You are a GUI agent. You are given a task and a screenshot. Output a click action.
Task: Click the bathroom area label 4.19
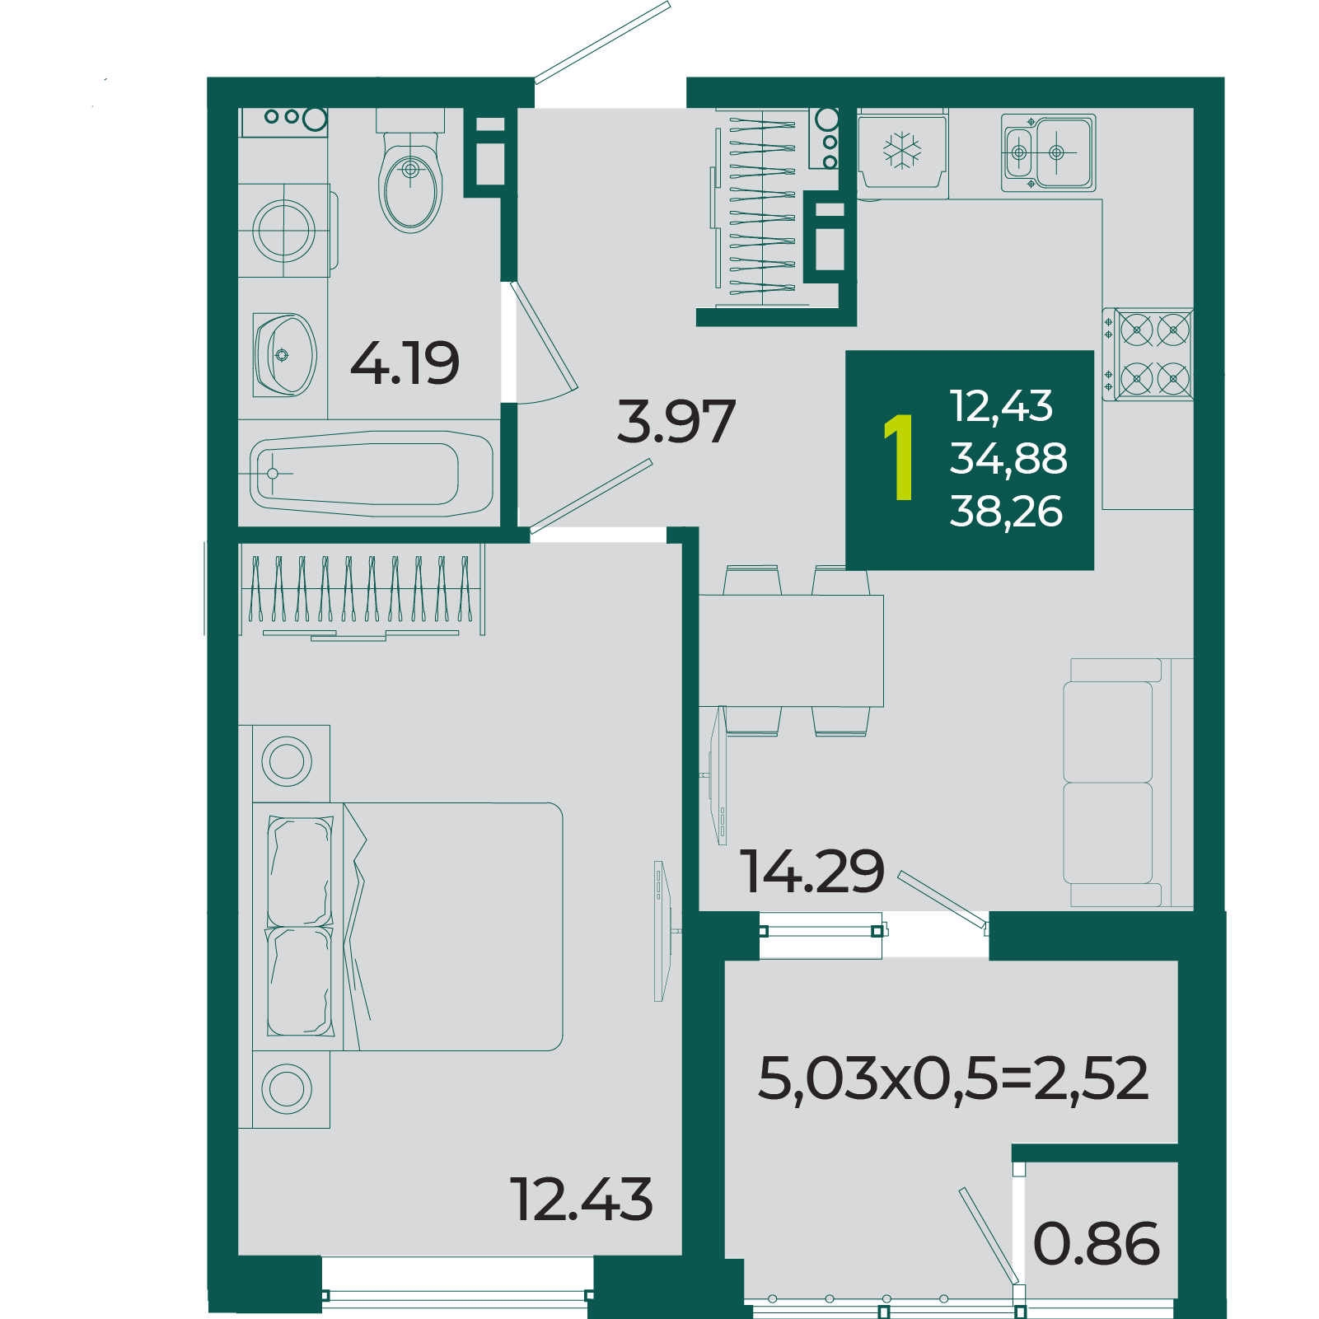coord(405,363)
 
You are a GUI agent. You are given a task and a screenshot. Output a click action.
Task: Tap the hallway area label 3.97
coord(676,421)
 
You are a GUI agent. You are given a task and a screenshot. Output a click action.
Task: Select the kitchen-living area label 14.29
coord(812,872)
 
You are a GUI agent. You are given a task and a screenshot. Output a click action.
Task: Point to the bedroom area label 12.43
coord(582,1199)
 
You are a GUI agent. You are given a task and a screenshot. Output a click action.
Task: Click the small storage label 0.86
coord(1097,1243)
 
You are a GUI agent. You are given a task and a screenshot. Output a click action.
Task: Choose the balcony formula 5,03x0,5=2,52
coord(952,1079)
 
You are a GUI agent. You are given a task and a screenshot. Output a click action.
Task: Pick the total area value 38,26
coord(1006,512)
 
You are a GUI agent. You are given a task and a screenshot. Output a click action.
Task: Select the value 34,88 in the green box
coord(1008,459)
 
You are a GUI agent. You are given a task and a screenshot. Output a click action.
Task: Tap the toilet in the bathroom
coord(410,173)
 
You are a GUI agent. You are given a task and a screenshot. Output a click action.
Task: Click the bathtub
coord(371,474)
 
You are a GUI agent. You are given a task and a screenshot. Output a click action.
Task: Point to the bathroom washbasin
coord(284,355)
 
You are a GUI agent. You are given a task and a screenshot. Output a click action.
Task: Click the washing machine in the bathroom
coord(287,230)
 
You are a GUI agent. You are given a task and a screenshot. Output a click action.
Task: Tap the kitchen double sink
coord(1048,152)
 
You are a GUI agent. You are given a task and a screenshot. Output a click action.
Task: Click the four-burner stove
coord(1148,354)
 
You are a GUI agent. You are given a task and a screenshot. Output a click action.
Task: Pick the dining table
coord(791,651)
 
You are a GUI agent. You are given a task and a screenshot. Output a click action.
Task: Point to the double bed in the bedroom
coord(408,926)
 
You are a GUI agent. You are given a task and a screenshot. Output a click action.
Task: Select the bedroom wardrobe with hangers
coord(362,592)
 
